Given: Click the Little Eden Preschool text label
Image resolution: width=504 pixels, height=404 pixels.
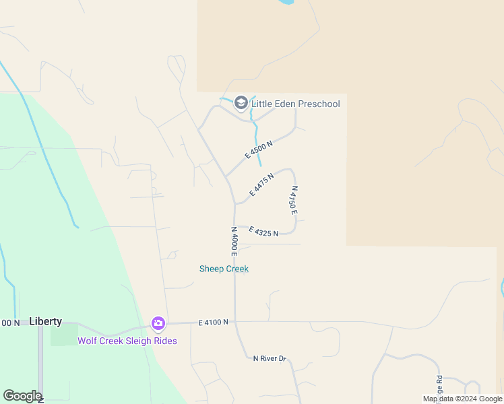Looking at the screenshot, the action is tap(295, 104).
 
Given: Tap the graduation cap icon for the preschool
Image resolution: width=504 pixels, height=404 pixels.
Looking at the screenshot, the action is tap(241, 103).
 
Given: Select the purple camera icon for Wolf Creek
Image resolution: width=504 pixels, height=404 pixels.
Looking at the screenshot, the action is tap(158, 324).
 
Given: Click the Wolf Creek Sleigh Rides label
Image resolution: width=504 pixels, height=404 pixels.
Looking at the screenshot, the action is tap(127, 341).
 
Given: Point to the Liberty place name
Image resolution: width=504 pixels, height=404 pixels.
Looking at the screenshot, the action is tap(46, 322).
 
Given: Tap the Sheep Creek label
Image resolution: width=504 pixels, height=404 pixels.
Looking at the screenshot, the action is tap(224, 269).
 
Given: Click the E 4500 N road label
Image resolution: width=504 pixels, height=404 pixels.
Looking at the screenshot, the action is tap(259, 150).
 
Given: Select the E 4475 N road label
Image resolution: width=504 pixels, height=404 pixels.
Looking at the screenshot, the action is tap(261, 184).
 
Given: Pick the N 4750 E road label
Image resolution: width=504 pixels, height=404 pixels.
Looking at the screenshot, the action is tap(293, 200).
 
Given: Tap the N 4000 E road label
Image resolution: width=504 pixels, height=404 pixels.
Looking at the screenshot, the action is tap(234, 241).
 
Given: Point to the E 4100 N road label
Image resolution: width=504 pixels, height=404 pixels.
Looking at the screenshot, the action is tap(214, 323).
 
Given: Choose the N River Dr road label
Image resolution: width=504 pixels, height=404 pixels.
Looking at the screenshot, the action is tap(270, 358).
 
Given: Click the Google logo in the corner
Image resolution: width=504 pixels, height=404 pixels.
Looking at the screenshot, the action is tap(22, 396).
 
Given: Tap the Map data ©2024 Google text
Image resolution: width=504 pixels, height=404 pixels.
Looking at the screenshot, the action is tap(462, 399).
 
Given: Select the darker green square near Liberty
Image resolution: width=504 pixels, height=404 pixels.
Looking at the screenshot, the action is tap(63, 335).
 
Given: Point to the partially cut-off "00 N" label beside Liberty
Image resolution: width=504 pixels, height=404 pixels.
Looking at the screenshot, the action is tap(10, 323).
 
